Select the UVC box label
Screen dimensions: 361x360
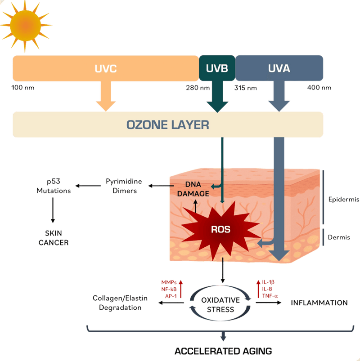[x=105, y=69]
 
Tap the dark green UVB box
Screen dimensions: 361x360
[x=217, y=69]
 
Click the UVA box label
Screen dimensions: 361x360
[x=279, y=69]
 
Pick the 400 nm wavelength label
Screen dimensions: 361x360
[x=319, y=87]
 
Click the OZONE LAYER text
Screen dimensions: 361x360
[x=168, y=124]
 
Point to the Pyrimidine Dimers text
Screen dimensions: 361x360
[x=124, y=186]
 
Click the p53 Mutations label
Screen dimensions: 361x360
[x=54, y=186]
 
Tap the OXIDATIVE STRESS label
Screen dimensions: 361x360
[x=220, y=304]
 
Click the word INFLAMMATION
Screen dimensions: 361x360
[x=319, y=303]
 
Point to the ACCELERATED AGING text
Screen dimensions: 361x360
[x=223, y=351]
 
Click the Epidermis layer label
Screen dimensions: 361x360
[x=343, y=199]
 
